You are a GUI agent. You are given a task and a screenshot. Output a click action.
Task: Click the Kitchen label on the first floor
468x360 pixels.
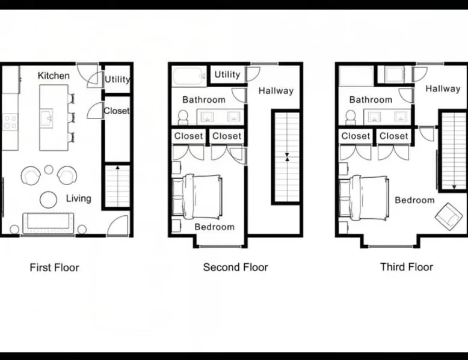(x=54, y=76)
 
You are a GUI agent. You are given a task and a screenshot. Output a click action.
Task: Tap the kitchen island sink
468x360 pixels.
(x=46, y=118)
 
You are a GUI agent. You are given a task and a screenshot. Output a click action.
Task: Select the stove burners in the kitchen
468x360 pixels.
(x=10, y=122)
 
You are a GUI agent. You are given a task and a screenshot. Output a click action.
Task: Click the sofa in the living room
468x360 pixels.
(x=48, y=223)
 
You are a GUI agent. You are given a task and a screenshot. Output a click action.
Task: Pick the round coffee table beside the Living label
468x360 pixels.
(x=48, y=200)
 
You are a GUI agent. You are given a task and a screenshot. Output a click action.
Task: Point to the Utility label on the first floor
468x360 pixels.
(x=117, y=79)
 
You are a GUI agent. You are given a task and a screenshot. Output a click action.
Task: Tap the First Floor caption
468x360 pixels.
(x=54, y=267)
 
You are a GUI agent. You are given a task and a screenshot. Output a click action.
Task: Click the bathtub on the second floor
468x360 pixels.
(x=189, y=77)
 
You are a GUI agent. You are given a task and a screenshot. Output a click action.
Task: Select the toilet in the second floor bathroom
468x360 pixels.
(x=183, y=118)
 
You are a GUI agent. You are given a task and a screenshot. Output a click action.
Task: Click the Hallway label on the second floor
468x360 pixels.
(x=276, y=91)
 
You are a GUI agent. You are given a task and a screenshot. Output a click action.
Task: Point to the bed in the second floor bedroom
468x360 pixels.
(x=197, y=197)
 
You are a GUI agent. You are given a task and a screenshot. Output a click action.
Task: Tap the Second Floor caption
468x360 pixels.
(x=235, y=267)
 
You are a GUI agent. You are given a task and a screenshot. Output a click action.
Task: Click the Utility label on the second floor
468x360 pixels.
(x=227, y=75)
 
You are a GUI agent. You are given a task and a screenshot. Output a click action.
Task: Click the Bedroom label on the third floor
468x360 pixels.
(x=414, y=200)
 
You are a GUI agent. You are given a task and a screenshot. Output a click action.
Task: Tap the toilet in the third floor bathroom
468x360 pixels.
(x=351, y=118)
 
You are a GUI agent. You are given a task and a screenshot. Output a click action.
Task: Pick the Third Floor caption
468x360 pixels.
(x=407, y=267)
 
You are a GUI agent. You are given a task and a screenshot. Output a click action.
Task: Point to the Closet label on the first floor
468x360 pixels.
(x=117, y=111)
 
